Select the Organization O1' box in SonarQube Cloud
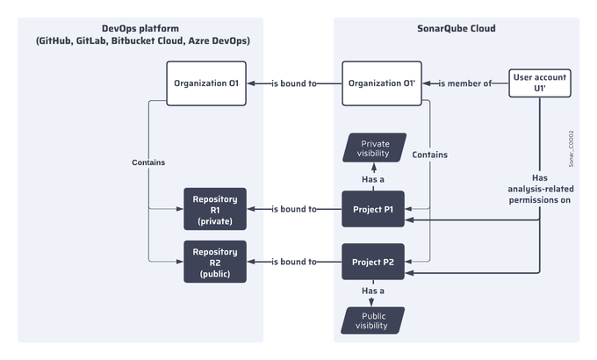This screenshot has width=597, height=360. pos(380,83)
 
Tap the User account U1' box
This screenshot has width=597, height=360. pos(540,83)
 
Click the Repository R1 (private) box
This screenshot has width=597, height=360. pos(214,209)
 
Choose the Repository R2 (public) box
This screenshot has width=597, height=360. pos(214,262)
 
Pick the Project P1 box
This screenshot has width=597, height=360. pos(373,209)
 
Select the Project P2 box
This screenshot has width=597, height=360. pos(373,262)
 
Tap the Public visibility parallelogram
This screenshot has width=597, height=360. pos(373,320)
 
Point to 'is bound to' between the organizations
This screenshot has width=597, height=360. pos(294,84)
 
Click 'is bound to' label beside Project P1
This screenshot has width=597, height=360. pos(294,209)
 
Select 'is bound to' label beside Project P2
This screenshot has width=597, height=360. pos(294,262)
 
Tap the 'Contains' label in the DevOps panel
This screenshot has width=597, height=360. pos(148,162)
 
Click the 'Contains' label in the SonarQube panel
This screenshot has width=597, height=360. pos(429,155)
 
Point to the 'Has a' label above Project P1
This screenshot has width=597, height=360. pos(373,178)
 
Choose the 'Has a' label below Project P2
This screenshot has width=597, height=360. pos(373,291)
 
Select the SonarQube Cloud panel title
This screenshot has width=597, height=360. pos(456,28)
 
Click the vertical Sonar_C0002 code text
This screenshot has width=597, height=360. pos(571,149)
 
